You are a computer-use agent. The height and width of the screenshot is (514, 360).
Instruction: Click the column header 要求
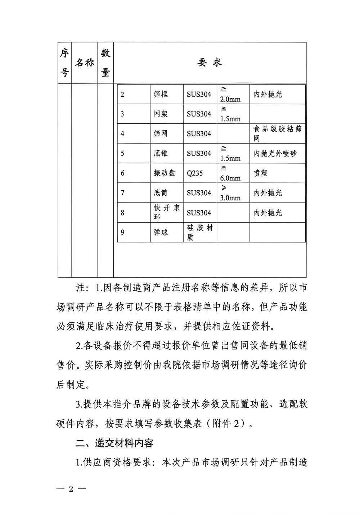(210, 63)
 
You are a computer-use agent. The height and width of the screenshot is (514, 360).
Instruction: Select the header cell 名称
(85, 63)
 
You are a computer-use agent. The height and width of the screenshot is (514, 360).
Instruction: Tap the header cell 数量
(105, 63)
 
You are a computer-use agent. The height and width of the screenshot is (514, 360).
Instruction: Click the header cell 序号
(64, 63)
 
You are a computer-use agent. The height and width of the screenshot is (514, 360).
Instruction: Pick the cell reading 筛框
(161, 94)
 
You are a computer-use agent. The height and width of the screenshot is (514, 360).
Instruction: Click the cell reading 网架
(161, 114)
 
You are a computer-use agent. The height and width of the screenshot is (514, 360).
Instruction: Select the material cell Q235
(195, 173)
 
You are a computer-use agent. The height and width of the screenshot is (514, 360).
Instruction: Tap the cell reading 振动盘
(164, 173)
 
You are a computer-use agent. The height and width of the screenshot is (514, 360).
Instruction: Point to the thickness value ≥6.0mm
(230, 173)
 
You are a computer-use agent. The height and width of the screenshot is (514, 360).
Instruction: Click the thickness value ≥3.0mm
(230, 193)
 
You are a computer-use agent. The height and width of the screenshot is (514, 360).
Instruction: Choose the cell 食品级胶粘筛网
(277, 133)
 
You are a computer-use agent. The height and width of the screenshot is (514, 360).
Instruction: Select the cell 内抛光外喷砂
(275, 154)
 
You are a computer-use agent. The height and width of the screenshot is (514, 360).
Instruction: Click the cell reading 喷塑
(261, 173)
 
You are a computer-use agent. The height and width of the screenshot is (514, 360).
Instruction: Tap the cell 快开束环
(167, 213)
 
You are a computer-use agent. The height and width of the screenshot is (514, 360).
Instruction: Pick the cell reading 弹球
(161, 232)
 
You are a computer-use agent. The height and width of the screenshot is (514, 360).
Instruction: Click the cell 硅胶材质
(200, 232)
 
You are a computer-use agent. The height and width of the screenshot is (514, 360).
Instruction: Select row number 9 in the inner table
(122, 232)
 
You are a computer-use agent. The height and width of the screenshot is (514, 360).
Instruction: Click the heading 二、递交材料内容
(114, 443)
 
